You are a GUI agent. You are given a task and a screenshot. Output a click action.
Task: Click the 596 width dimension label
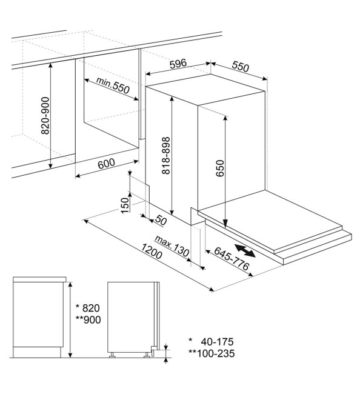(x=178, y=64)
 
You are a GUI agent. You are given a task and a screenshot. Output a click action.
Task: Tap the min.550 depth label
(x=113, y=85)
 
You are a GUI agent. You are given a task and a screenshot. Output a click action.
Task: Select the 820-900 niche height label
(x=45, y=115)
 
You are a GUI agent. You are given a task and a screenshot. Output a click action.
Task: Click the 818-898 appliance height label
(x=166, y=156)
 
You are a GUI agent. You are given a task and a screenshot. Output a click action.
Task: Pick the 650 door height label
(x=220, y=169)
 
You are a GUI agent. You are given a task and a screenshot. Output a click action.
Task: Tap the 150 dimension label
(x=125, y=205)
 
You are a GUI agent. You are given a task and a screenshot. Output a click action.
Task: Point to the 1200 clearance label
(x=152, y=252)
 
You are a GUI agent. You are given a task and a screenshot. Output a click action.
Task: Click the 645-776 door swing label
(x=232, y=258)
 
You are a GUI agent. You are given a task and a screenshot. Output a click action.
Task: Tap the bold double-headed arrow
(x=245, y=250)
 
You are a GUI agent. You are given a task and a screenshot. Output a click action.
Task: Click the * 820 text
(x=88, y=308)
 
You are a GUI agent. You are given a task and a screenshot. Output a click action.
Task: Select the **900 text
(x=88, y=319)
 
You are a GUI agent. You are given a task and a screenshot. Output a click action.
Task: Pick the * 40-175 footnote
(x=211, y=341)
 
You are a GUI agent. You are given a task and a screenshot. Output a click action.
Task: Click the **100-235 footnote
(x=212, y=353)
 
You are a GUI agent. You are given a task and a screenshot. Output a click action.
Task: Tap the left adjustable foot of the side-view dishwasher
(x=112, y=355)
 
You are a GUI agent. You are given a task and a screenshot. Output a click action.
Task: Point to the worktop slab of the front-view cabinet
(x=39, y=279)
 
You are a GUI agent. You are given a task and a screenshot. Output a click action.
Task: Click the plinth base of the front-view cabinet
(x=37, y=352)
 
